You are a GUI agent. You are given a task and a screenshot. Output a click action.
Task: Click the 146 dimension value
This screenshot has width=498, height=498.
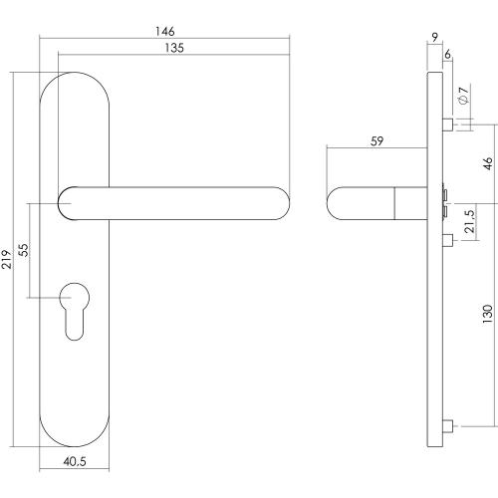pyautogui.click(x=165, y=31)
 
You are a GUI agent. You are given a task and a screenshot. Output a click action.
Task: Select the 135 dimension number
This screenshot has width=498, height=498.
pyautogui.click(x=174, y=48)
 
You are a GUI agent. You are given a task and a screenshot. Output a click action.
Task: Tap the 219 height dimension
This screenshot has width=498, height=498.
pyautogui.click(x=7, y=259)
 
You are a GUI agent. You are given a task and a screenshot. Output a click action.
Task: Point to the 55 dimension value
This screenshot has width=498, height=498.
pyautogui.click(x=23, y=250)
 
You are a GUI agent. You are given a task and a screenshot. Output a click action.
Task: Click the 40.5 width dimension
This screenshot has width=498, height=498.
pyautogui.click(x=75, y=461)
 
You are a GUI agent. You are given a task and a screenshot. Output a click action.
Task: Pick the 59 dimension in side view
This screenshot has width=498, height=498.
pyautogui.click(x=376, y=141)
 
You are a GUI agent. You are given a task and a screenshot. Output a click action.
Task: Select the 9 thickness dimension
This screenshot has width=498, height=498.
pyautogui.click(x=435, y=37)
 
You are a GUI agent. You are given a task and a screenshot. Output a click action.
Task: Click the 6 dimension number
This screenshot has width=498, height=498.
pyautogui.click(x=447, y=54)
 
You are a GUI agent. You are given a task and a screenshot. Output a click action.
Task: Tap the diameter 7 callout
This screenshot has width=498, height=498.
pyautogui.click(x=463, y=95)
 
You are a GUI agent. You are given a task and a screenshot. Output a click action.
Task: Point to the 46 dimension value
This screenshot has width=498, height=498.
pyautogui.click(x=488, y=163)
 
